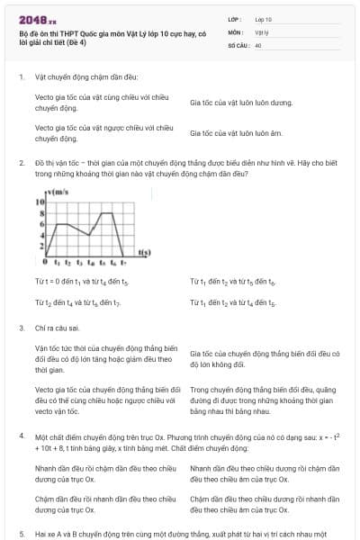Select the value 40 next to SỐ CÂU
tap(258, 44)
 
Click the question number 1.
tap(22, 77)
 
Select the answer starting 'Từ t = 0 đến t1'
tap(76, 282)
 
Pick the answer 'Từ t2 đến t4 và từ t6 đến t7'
tap(78, 303)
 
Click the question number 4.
tap(22, 436)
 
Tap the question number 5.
tap(22, 534)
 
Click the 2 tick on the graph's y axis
tap(40, 243)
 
